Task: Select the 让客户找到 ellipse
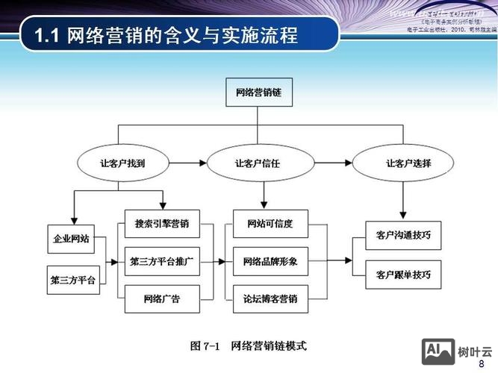(x=119, y=162)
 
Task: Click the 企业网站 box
(x=70, y=239)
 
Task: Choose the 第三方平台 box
(x=72, y=280)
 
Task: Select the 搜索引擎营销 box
(x=162, y=223)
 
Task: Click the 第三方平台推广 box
(x=162, y=261)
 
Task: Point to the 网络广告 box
(x=162, y=299)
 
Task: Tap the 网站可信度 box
(x=270, y=223)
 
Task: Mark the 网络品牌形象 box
(x=270, y=261)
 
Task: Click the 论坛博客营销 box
(x=270, y=299)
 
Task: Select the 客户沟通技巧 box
(x=403, y=235)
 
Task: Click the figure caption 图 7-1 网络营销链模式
(x=249, y=345)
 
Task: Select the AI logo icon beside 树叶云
(x=438, y=351)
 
